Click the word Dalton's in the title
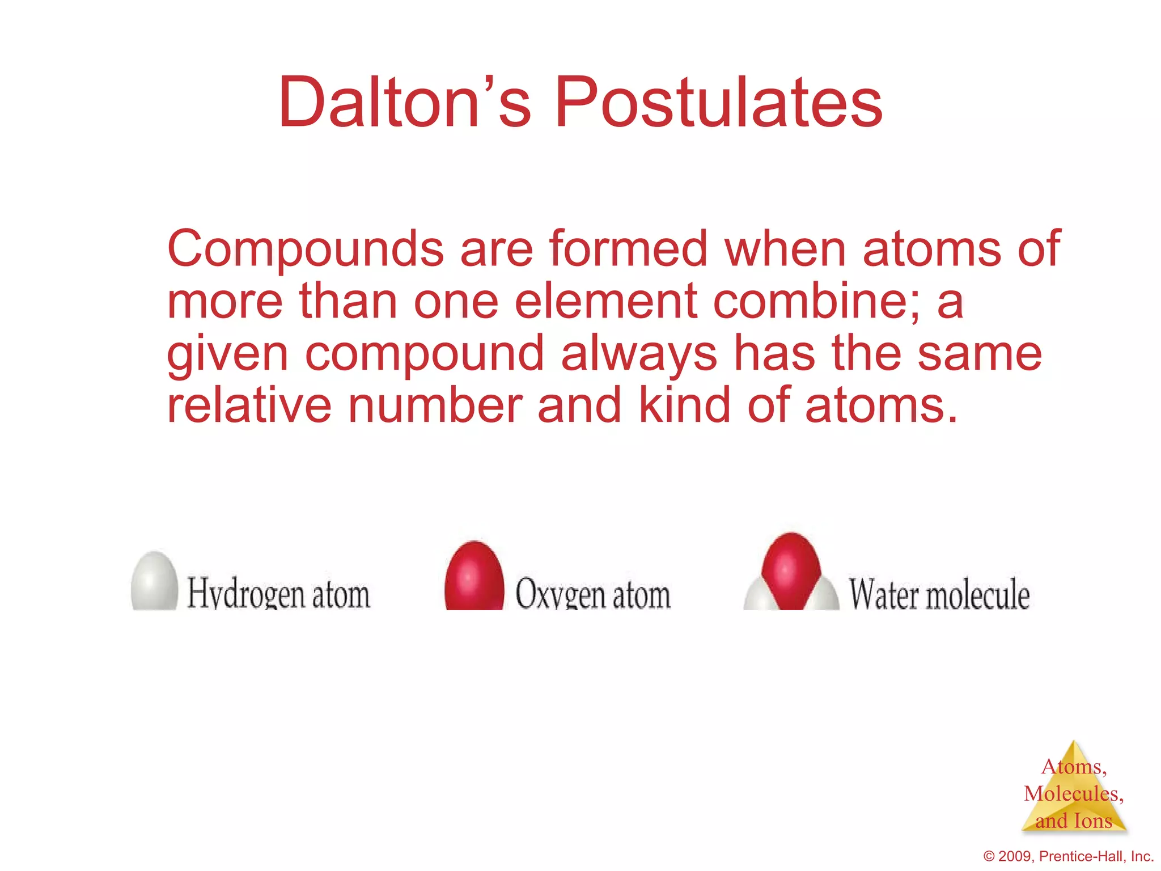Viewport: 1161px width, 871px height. pos(404,103)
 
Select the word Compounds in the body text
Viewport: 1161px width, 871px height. pos(305,250)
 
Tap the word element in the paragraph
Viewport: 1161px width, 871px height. pos(605,302)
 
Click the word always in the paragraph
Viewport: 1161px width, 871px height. pos(639,354)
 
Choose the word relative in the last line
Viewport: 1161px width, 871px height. pos(249,405)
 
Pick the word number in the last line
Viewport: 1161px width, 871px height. pos(434,405)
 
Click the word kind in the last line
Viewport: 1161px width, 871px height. pos(684,405)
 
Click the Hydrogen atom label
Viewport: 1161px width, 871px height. pos(278,594)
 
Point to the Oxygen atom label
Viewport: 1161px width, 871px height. pos(592,594)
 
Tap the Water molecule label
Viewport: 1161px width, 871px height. pos(939,594)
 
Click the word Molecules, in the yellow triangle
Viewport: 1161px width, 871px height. pos(1073,793)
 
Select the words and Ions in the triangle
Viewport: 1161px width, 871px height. pos(1073,821)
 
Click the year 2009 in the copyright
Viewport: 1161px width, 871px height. pos(1015,856)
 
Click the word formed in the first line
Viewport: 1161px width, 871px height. pos(628,250)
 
